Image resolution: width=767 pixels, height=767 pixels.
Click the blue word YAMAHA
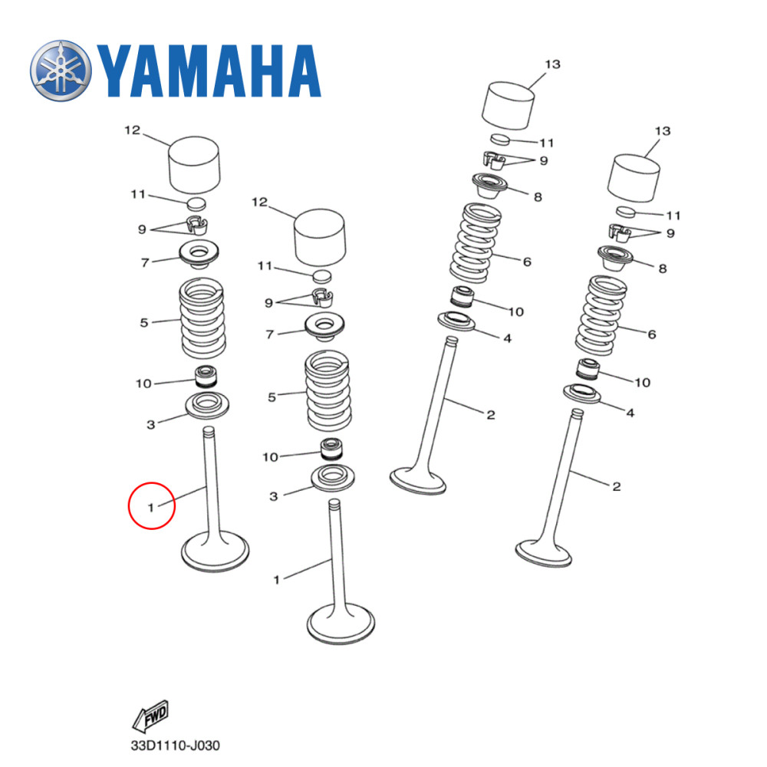[x=207, y=72]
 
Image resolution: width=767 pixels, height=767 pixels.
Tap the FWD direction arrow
[x=150, y=716]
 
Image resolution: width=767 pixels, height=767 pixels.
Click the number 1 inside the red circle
[x=152, y=506]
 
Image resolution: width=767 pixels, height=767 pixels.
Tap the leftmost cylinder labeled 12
[x=194, y=164]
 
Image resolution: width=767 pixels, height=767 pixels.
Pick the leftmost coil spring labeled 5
[x=201, y=318]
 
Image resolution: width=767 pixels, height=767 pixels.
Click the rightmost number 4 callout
[x=630, y=413]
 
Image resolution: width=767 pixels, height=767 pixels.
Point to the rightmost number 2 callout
[x=616, y=486]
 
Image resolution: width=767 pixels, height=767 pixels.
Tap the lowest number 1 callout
[x=277, y=580]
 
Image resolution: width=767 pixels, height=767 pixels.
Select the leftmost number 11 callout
[x=137, y=195]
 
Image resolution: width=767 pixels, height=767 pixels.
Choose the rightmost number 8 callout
[x=662, y=268]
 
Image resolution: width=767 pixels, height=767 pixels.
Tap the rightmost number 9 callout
[x=670, y=233]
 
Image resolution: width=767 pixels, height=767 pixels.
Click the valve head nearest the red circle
[x=216, y=551]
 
